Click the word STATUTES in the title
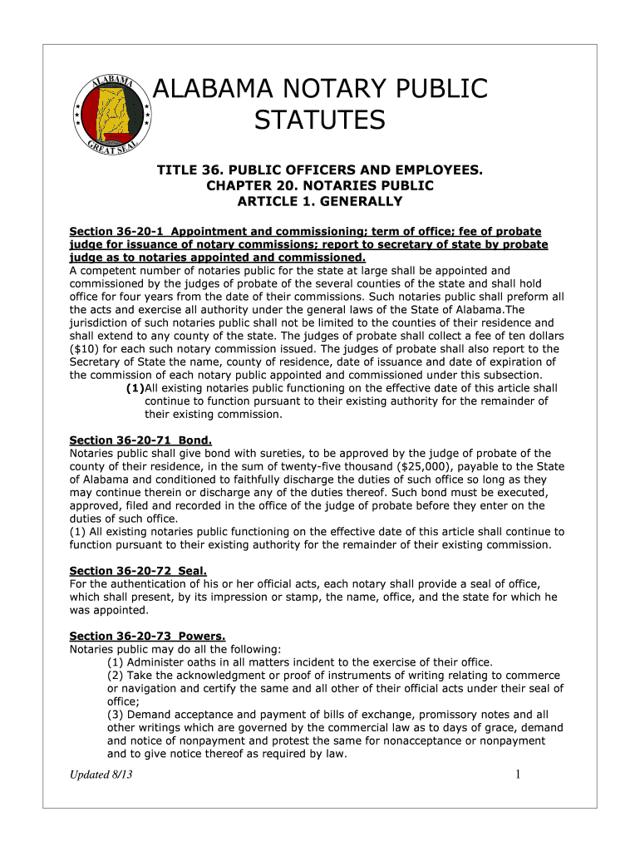(x=320, y=121)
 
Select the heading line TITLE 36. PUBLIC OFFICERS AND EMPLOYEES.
(x=320, y=170)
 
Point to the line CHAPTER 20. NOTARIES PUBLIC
(x=320, y=185)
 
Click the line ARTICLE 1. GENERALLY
(x=320, y=201)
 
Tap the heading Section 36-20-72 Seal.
(x=137, y=570)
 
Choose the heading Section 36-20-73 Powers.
(x=143, y=636)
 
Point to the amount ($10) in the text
(x=83, y=349)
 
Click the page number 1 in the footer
(x=517, y=775)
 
